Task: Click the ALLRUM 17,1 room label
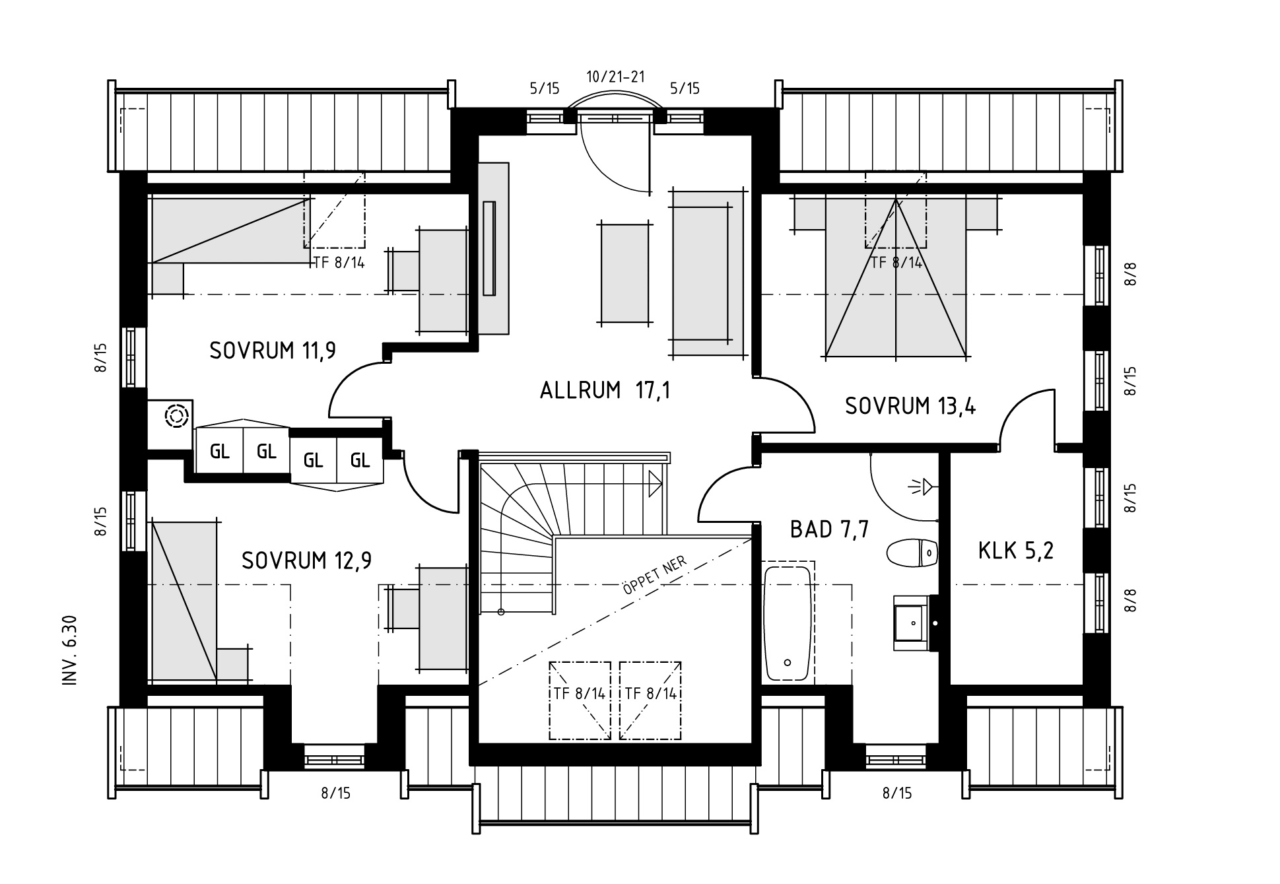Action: (x=605, y=391)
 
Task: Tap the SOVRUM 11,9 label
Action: (x=273, y=351)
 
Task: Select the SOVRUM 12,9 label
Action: (x=306, y=561)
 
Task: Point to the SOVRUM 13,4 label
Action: (x=910, y=406)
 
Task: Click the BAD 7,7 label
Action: (x=829, y=529)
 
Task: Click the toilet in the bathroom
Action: (x=912, y=553)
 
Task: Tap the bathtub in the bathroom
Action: (x=788, y=624)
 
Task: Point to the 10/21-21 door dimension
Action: (x=615, y=77)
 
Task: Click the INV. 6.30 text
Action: (x=71, y=650)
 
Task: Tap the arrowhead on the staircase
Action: (x=656, y=483)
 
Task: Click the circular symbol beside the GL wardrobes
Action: (x=176, y=417)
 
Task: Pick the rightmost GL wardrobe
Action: (x=360, y=459)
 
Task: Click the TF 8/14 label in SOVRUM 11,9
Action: (x=339, y=262)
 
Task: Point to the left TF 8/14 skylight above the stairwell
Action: (x=580, y=700)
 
